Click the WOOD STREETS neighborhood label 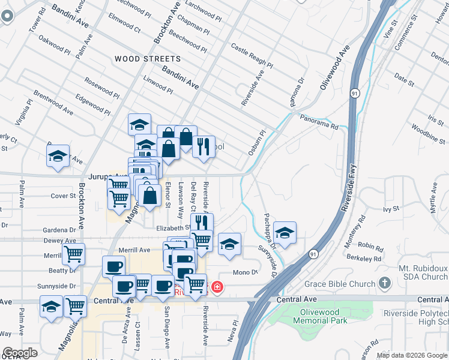(147, 59)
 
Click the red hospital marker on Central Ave (216, 287)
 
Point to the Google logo (20, 353)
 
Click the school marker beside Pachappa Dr (285, 232)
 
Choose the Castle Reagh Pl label (252, 56)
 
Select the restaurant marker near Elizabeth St (202, 223)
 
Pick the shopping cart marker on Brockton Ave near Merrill (73, 253)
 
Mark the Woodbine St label (429, 133)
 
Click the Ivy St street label (391, 209)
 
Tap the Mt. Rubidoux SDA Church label (423, 272)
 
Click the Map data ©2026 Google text (412, 355)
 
